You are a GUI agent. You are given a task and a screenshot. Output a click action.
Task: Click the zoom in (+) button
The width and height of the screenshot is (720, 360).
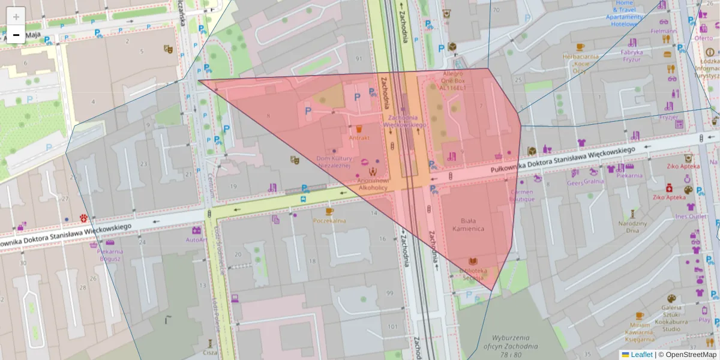(16, 16)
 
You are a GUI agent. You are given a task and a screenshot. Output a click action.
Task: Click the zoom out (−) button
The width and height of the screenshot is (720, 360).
(16, 35)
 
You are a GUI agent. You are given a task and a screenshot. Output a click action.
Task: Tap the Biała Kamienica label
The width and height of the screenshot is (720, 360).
(473, 225)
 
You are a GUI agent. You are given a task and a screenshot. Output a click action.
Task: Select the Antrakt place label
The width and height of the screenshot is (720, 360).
(359, 137)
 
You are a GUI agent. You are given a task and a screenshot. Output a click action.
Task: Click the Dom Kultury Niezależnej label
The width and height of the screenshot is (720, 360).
(337, 162)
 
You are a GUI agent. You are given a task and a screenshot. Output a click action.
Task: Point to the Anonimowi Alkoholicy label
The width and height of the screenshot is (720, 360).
(373, 184)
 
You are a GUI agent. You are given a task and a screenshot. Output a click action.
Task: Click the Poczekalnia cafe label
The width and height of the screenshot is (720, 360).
(329, 220)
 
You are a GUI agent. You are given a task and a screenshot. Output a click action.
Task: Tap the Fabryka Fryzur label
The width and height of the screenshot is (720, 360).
(632, 56)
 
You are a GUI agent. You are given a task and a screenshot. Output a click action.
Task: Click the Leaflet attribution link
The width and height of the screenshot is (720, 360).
(641, 355)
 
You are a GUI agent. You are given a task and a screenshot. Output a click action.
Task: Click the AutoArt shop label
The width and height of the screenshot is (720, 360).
(196, 239)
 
